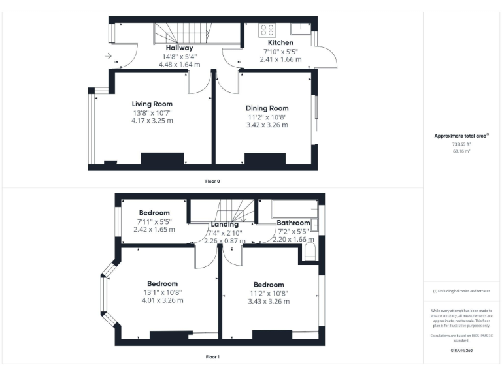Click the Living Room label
(152, 104)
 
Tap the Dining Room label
(267, 108)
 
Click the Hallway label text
(178, 48)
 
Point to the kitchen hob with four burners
(268, 29)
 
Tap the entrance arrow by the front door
(108, 56)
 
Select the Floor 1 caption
(212, 357)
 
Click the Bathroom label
(293, 223)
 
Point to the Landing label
(224, 225)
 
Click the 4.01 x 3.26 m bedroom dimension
(162, 300)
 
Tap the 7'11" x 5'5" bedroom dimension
(154, 221)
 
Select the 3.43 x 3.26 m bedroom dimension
(269, 301)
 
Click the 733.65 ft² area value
(461, 144)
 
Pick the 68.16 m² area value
(461, 151)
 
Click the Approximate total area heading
(461, 136)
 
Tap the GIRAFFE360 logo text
(461, 351)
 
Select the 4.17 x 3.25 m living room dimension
(152, 121)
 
